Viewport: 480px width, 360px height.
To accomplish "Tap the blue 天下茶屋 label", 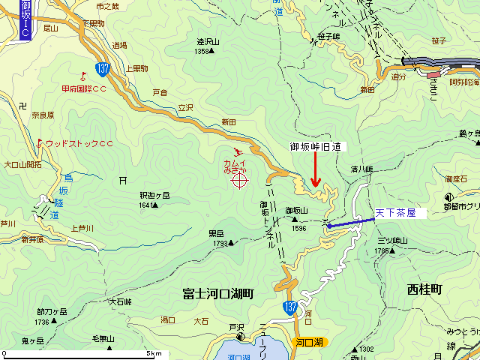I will click(x=400, y=193).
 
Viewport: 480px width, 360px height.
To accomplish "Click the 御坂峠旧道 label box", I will click(x=315, y=148).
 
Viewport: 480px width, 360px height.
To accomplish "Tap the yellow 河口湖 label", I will click(x=308, y=342).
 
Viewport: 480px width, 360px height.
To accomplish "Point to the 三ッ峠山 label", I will click(x=392, y=241).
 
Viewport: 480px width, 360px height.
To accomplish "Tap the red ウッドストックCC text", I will click(x=79, y=142).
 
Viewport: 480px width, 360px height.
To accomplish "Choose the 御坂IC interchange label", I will click(x=25, y=20).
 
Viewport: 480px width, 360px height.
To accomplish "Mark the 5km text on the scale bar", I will click(x=154, y=353).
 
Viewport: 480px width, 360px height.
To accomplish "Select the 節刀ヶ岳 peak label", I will click(x=51, y=312).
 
